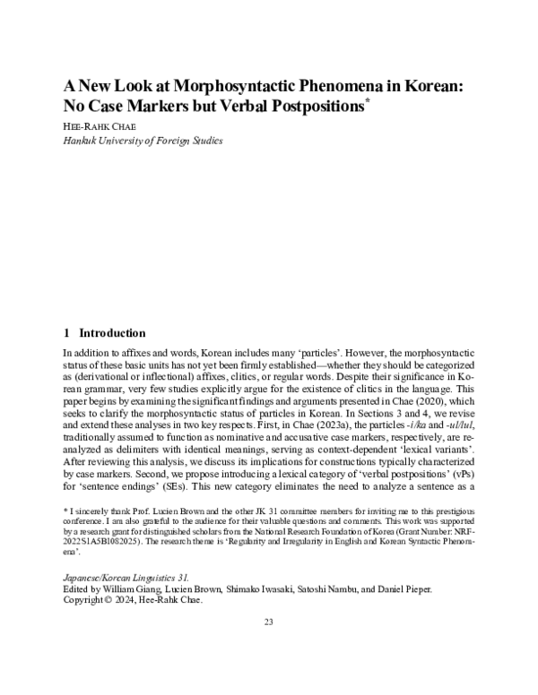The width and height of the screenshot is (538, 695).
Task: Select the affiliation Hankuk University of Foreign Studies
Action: (x=143, y=141)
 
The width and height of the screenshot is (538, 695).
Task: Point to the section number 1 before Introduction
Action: (x=66, y=332)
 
